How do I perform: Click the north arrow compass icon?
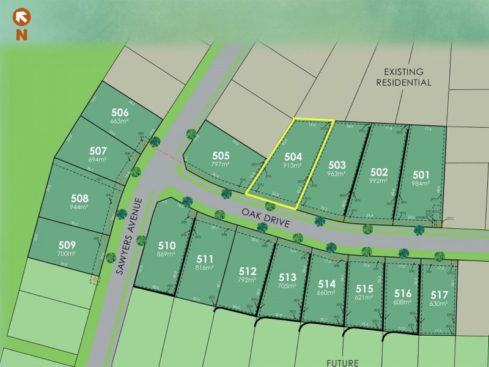(x=22, y=17)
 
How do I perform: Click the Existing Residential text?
(x=403, y=76)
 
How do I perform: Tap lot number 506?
(x=120, y=113)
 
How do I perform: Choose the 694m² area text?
(x=98, y=160)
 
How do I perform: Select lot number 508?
(x=79, y=198)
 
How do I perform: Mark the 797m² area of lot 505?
(x=221, y=165)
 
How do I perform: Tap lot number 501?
(x=422, y=174)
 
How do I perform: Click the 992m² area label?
(x=379, y=181)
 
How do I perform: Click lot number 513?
(x=287, y=276)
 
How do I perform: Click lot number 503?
(x=337, y=165)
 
